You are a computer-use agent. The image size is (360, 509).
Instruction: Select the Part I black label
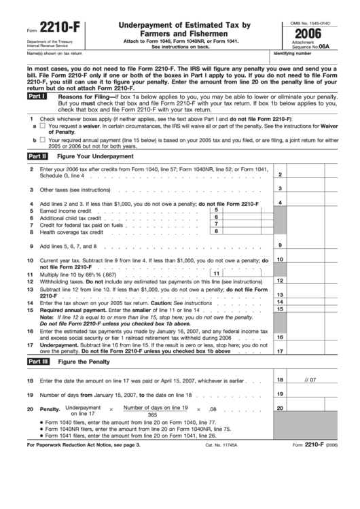coord(37,97)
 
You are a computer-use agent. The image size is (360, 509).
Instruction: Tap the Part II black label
coord(37,156)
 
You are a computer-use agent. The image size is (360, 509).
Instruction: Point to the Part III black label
coord(37,362)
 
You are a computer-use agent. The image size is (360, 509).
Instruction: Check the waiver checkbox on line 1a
coord(42,126)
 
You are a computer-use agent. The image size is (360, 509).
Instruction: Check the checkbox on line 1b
coord(42,140)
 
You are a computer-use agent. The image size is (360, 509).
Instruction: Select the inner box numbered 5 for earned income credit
coord(245,211)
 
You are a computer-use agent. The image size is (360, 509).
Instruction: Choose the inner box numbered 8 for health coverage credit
coord(245,231)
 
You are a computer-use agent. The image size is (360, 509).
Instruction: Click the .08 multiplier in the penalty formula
coord(213,410)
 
